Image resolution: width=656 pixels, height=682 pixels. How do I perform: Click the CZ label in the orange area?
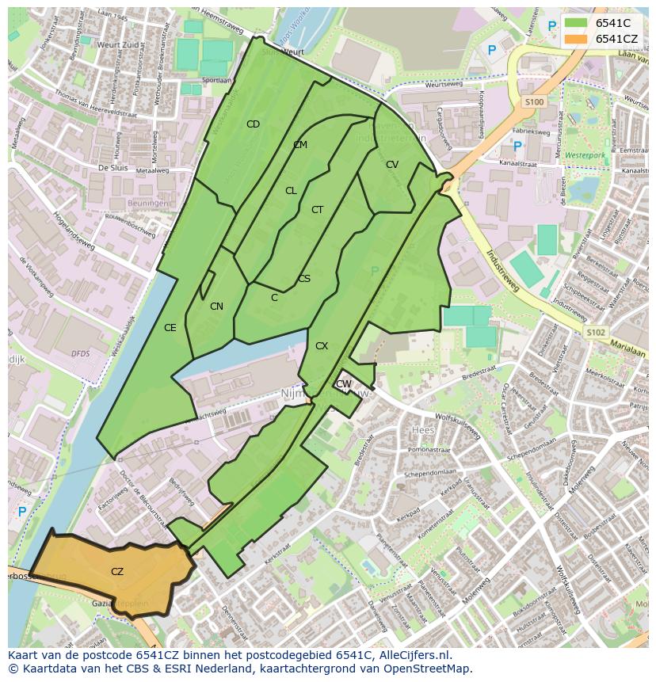coord(117,571)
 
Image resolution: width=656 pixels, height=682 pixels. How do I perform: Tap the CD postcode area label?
coord(253,124)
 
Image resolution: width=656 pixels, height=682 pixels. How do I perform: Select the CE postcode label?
coord(170,327)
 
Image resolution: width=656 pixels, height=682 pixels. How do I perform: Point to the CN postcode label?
coord(216,306)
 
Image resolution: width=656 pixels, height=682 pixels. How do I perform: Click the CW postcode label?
coord(343,384)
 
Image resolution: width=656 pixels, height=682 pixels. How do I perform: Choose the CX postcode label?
coord(321,346)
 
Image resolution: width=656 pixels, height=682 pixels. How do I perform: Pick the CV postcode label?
coord(391,165)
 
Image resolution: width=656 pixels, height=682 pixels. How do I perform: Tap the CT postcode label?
coord(317,210)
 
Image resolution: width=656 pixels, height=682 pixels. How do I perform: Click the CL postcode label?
coord(291,191)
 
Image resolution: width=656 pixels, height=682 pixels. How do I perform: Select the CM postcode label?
coord(299,145)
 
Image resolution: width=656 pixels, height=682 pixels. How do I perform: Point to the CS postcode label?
coord(304,279)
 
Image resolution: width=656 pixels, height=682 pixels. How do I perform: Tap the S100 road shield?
coord(534,102)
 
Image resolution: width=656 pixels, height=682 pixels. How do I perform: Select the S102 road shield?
coord(595,333)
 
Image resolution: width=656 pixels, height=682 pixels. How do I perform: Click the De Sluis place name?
coord(113,168)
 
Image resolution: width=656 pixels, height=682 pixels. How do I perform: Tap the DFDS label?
coord(80,353)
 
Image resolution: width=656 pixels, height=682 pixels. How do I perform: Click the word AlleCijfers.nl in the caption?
coord(413,655)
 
